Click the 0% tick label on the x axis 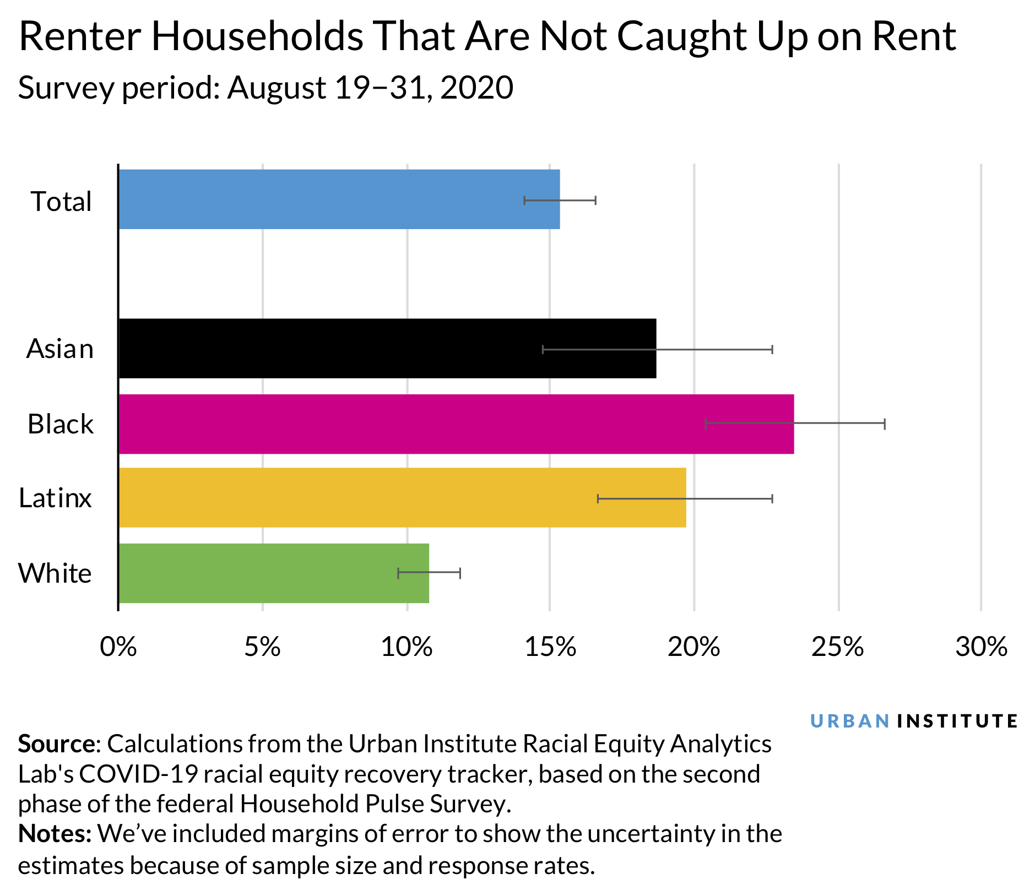click(x=118, y=647)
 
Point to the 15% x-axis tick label click(x=550, y=647)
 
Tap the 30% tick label click(x=981, y=647)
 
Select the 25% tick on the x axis click(x=837, y=647)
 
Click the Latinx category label click(x=55, y=498)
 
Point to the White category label click(x=55, y=573)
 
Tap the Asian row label click(x=60, y=349)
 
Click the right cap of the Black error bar click(x=884, y=424)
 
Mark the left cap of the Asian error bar click(x=543, y=349)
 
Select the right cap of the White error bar click(x=460, y=573)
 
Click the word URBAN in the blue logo click(x=850, y=721)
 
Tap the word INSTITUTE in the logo click(x=957, y=721)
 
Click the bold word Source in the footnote click(x=56, y=744)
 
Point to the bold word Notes click(x=54, y=834)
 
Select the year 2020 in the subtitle click(x=476, y=88)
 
